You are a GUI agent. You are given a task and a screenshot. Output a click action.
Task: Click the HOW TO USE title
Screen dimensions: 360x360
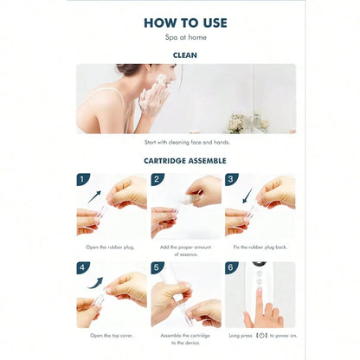pyautogui.click(x=185, y=23)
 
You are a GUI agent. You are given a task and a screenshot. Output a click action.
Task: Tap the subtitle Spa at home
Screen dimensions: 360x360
pyautogui.click(x=185, y=38)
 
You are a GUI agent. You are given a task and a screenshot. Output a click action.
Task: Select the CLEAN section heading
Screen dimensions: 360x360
pyautogui.click(x=185, y=55)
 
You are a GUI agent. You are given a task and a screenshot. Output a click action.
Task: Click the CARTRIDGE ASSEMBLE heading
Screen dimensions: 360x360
pyautogui.click(x=185, y=160)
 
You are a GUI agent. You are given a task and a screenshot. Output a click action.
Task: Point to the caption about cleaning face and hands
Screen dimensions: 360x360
pyautogui.click(x=185, y=142)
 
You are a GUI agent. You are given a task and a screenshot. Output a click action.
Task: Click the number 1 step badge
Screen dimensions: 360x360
pyautogui.click(x=83, y=180)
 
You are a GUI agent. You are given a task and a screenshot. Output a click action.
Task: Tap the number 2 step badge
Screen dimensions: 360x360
pyautogui.click(x=157, y=180)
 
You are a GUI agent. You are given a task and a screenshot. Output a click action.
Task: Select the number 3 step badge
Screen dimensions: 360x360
pyautogui.click(x=231, y=180)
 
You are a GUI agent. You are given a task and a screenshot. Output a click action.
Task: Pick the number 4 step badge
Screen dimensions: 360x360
pyautogui.click(x=83, y=268)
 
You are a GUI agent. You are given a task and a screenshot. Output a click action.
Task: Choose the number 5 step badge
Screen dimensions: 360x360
pyautogui.click(x=157, y=268)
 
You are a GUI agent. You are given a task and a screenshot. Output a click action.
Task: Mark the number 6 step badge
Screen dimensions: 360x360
pyautogui.click(x=231, y=268)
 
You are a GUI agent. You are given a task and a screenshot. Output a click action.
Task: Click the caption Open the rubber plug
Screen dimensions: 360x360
pyautogui.click(x=111, y=247)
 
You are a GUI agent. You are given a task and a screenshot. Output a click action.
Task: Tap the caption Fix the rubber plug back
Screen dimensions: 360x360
pyautogui.click(x=260, y=247)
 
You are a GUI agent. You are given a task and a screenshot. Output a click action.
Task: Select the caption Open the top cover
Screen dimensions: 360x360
pyautogui.click(x=111, y=334)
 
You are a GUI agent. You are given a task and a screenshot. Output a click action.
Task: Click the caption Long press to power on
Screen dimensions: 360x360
pyautogui.click(x=260, y=334)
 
